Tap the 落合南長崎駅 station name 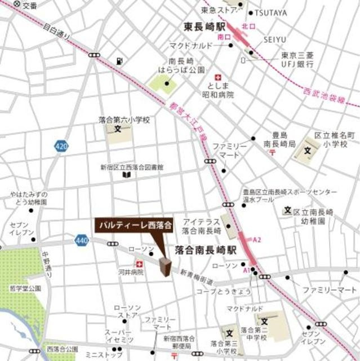point(205,248)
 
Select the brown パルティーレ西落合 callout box point(133,225)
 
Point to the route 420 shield point(61,147)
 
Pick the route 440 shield point(81,241)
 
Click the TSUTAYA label point(270,13)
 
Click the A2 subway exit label point(257,240)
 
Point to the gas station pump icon point(118,61)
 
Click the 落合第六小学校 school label point(124,120)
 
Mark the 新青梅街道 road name point(197,277)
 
